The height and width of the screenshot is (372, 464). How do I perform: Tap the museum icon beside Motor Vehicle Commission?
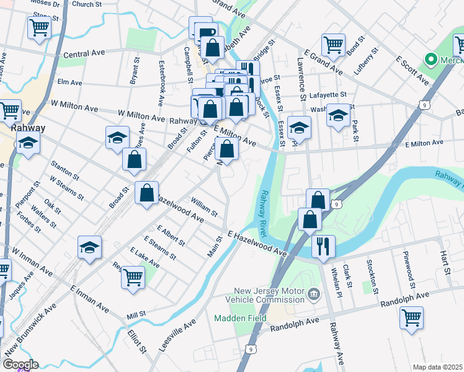tap(313, 293)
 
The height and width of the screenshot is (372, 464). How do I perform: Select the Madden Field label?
tap(240, 318)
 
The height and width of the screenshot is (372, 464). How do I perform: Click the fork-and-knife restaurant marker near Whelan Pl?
tap(323, 245)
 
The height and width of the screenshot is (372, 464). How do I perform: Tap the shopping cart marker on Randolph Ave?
tap(411, 317)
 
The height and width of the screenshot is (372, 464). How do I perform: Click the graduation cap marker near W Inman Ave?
tap(90, 247)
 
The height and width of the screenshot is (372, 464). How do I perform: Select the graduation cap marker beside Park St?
tap(338, 115)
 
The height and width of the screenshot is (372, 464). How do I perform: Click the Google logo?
tap(20, 364)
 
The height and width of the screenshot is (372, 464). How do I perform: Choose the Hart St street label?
tap(444, 262)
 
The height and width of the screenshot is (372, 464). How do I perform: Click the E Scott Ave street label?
tap(413, 71)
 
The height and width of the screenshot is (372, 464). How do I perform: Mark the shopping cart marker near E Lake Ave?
tap(133, 277)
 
